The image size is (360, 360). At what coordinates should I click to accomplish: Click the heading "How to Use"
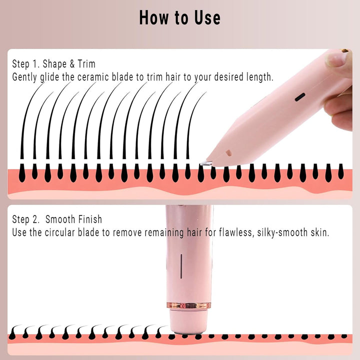(x=179, y=17)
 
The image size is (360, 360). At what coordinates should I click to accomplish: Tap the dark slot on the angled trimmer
(x=300, y=97)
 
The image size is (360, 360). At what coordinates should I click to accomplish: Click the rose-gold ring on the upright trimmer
(x=189, y=305)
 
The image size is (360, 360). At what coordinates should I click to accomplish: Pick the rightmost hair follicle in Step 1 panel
(x=341, y=172)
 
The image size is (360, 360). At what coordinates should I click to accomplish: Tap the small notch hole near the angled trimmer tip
(x=228, y=151)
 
